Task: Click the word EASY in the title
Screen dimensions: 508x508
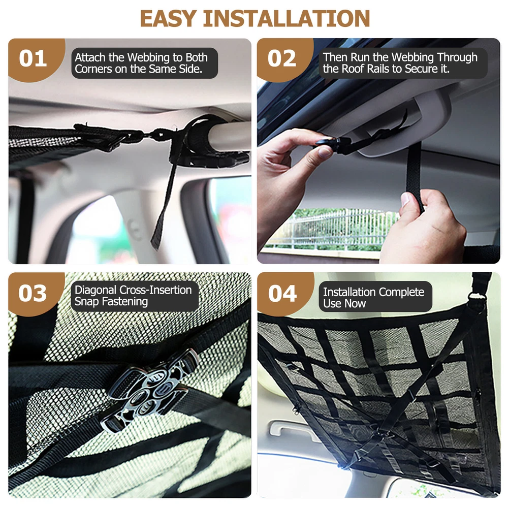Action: (x=168, y=18)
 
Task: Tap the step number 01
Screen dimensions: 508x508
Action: (x=33, y=58)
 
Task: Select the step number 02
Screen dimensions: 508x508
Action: (x=282, y=58)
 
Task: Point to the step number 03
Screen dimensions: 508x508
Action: (x=33, y=293)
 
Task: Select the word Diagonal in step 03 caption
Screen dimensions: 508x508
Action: (x=96, y=290)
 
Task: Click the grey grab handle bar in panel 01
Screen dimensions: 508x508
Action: (x=229, y=136)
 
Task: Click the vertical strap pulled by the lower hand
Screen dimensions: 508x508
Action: (x=415, y=177)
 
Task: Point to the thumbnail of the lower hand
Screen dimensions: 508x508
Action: (x=405, y=199)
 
